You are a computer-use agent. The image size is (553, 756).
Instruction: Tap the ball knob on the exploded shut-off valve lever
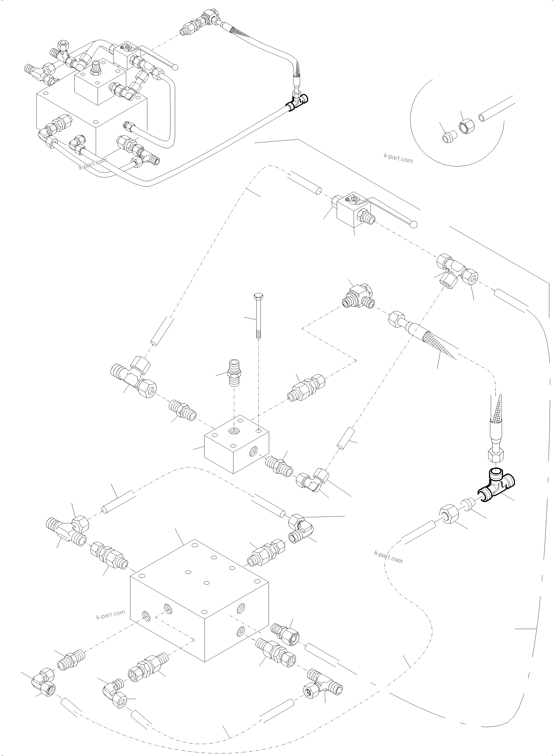point(414,225)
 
